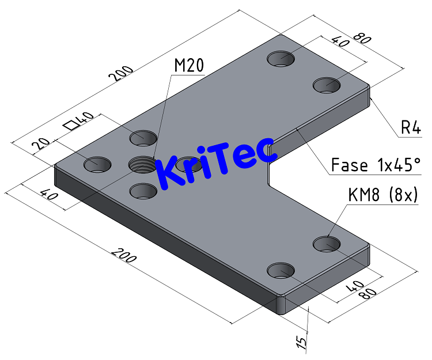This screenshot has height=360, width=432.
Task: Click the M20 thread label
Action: (189, 66)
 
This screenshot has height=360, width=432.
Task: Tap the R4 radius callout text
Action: (411, 128)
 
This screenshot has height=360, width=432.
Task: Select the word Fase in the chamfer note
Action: (349, 166)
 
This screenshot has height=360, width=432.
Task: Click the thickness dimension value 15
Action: (300, 343)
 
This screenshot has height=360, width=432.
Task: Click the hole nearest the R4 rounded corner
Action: (327, 85)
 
